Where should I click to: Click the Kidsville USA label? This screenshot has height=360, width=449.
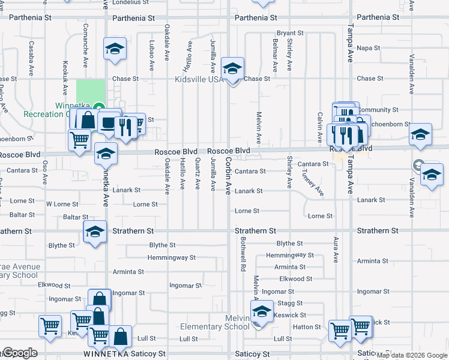(199, 79)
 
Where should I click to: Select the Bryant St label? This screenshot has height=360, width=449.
(290, 33)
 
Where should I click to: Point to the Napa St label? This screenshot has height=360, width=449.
(369, 48)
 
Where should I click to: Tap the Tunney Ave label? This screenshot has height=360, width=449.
(312, 182)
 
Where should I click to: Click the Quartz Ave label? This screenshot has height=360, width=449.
(197, 173)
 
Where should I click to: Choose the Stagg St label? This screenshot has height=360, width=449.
(291, 304)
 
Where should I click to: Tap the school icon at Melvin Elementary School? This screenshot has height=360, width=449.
(262, 314)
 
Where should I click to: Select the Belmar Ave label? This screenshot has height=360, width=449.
(275, 56)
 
